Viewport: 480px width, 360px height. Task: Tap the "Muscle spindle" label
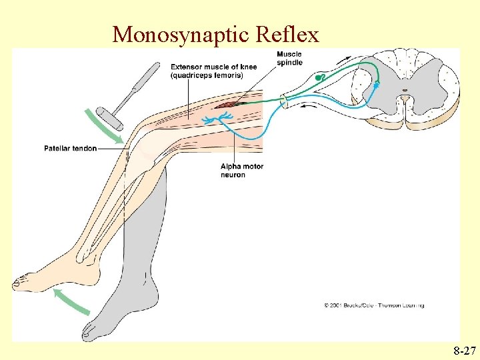pyautogui.click(x=289, y=59)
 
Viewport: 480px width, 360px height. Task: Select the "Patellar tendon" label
pyautogui.click(x=70, y=148)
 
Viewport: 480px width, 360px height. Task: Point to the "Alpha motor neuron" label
pyautogui.click(x=241, y=171)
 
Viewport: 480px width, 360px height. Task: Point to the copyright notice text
pyautogui.click(x=373, y=305)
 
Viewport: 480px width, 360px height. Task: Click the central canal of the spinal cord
pyautogui.click(x=404, y=89)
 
